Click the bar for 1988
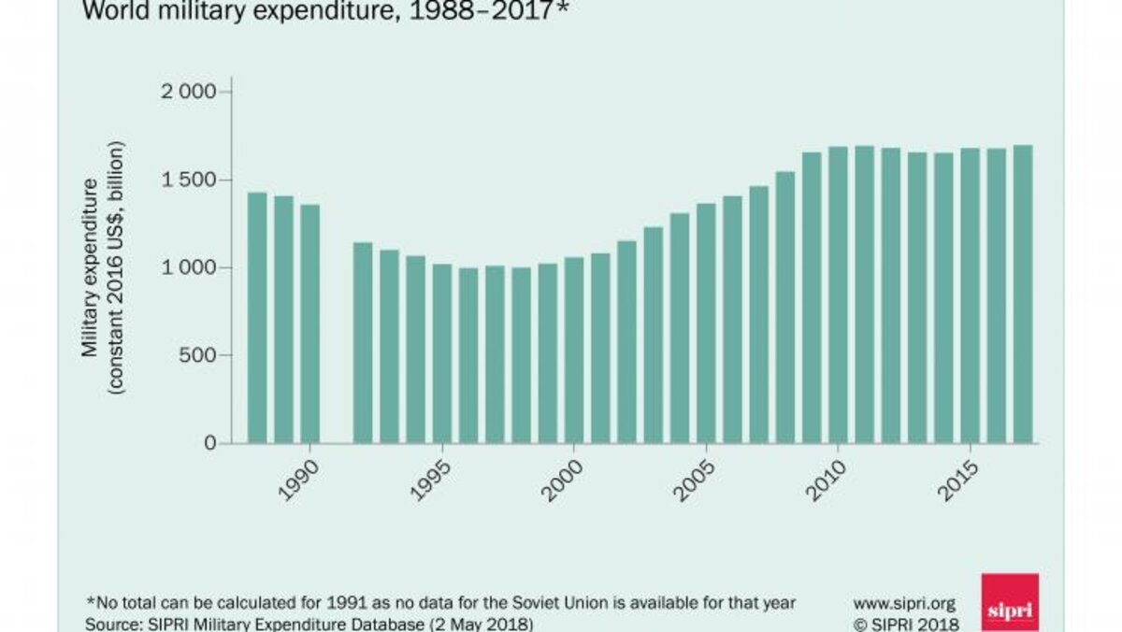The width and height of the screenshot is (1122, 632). point(257,318)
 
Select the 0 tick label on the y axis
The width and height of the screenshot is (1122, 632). point(210,442)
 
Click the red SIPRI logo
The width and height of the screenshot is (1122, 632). point(1010,603)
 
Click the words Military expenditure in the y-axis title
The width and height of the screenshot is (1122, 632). point(91,266)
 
